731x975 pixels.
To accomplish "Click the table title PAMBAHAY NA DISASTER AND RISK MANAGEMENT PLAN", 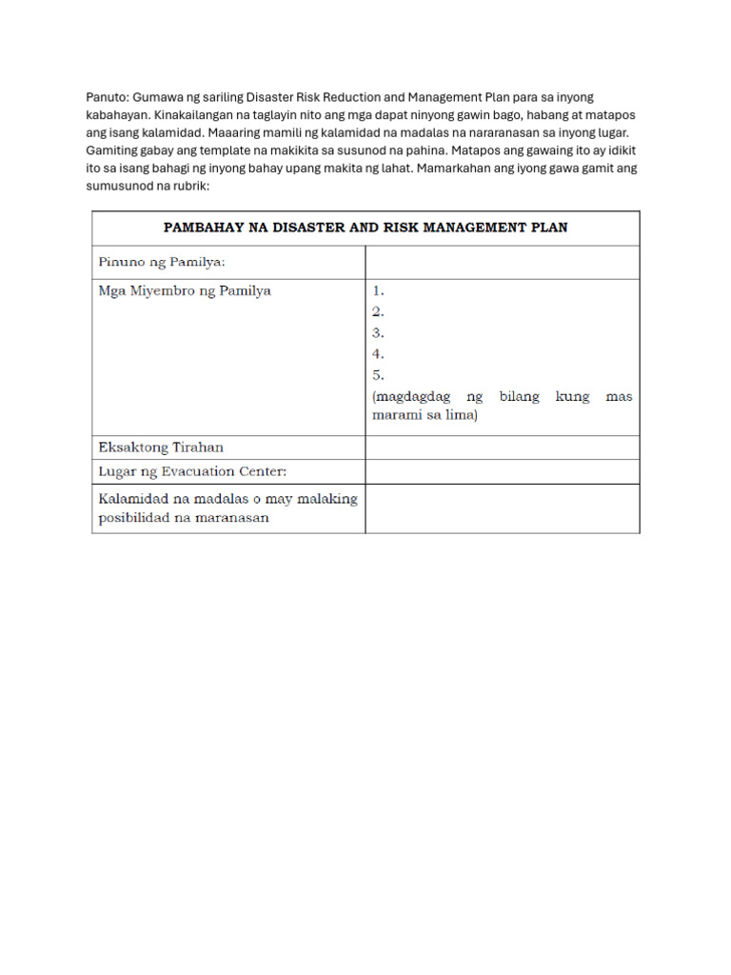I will pos(365,228).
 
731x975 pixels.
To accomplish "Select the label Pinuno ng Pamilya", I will pos(163,262).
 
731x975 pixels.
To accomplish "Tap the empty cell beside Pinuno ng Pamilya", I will pos(502,262).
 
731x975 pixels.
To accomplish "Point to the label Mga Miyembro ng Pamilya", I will pos(185,290).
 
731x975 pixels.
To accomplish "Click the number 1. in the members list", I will pos(379,290).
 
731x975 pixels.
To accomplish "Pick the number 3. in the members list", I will pos(379,332).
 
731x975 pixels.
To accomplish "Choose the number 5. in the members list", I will pos(379,374).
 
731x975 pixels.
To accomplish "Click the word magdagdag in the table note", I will pos(408,396).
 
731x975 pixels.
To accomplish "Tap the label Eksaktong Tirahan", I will pos(162,447).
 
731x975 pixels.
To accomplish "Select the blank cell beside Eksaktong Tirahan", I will pos(502,448).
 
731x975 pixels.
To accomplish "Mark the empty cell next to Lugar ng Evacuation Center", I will pos(502,471).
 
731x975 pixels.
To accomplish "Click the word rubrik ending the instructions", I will pos(189,185).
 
